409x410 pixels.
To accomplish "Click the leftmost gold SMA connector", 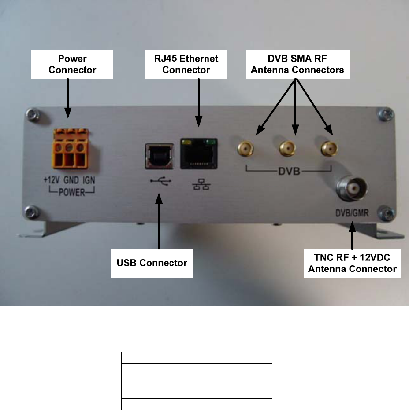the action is (x=246, y=149).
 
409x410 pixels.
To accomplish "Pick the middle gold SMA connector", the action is (x=286, y=150).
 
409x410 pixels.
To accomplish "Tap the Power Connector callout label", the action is (x=72, y=64).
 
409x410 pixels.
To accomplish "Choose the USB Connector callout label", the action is (x=152, y=263).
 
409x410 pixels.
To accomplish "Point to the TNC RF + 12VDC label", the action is (x=352, y=263).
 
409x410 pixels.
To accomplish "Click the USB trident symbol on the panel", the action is (x=158, y=182).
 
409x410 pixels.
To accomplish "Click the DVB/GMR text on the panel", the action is (x=352, y=215).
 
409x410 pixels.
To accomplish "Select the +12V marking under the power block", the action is (x=52, y=180).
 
